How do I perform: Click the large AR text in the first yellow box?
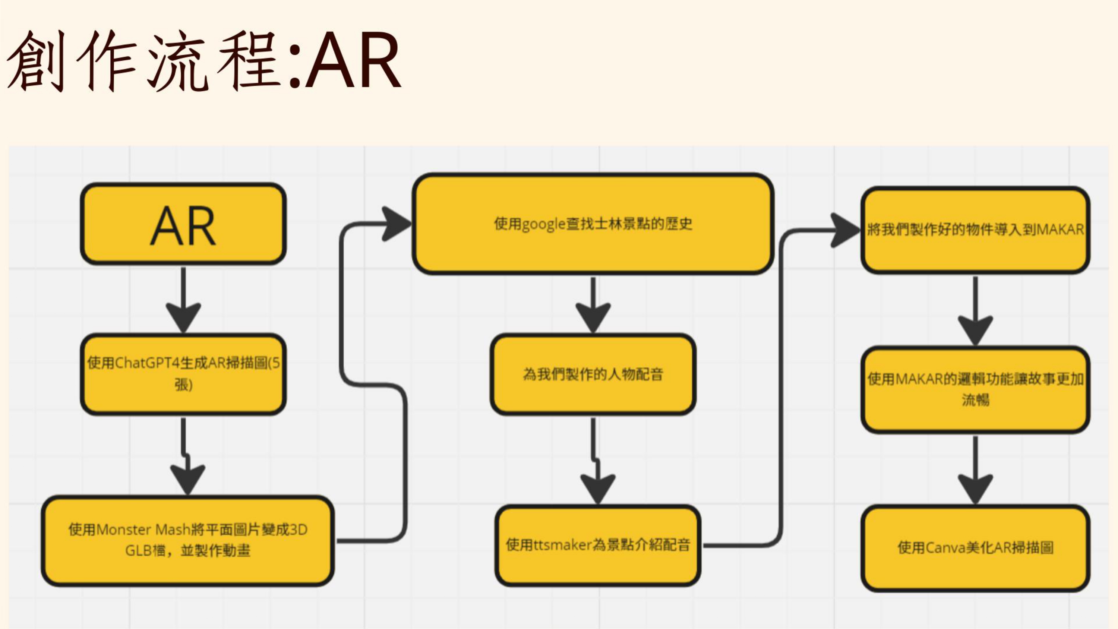[183, 226]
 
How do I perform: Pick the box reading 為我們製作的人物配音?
[593, 374]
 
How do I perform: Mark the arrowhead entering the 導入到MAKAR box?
[844, 230]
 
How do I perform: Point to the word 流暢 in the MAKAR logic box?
[975, 399]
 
